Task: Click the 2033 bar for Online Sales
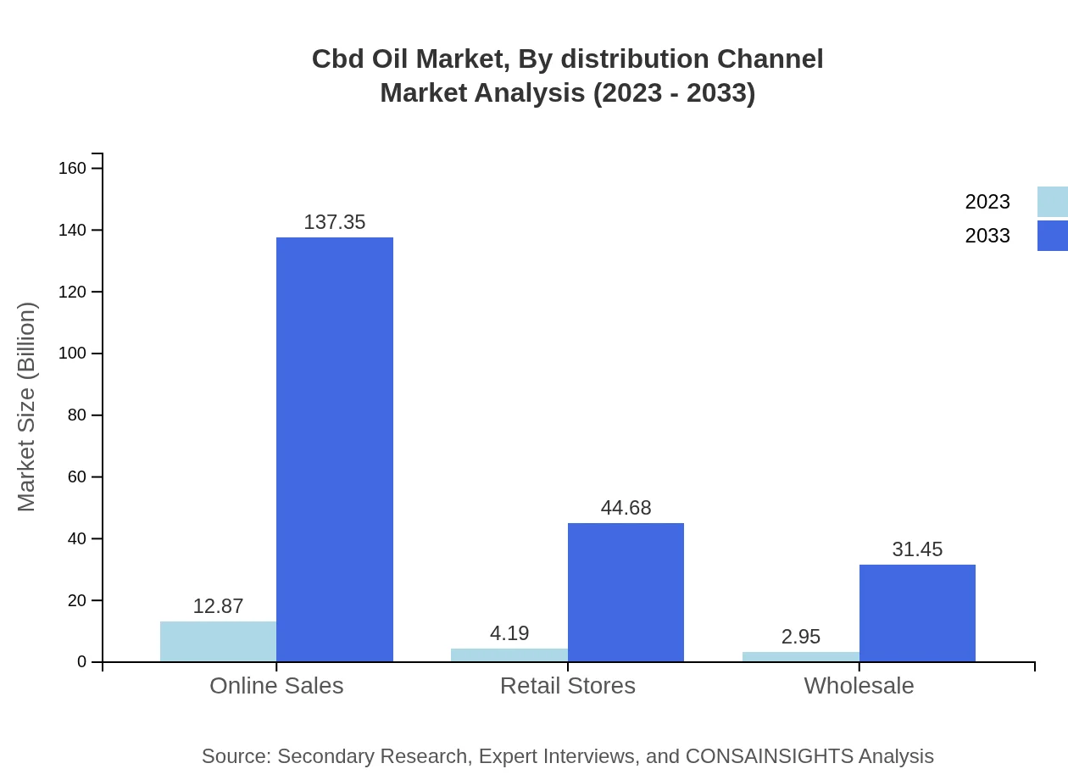click(x=335, y=449)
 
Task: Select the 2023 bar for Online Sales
click(x=218, y=642)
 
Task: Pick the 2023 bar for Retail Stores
click(x=509, y=655)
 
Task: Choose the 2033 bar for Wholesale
click(x=917, y=613)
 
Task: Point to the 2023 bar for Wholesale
click(x=801, y=657)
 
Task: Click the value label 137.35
click(x=335, y=222)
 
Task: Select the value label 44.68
click(x=626, y=508)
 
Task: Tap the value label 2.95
click(x=801, y=637)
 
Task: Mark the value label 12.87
click(x=218, y=606)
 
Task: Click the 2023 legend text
click(x=987, y=202)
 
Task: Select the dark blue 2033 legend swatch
click(x=1053, y=236)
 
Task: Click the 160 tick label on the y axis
click(x=73, y=168)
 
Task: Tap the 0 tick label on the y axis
click(x=82, y=662)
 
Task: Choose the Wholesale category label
click(x=859, y=686)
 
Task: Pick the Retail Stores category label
click(x=568, y=686)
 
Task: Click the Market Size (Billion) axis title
click(x=27, y=407)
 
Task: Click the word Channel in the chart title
click(x=770, y=59)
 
